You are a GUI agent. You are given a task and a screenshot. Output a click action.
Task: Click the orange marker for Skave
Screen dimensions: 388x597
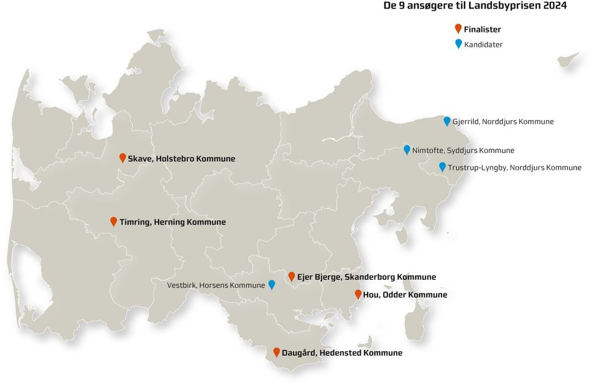(123, 157)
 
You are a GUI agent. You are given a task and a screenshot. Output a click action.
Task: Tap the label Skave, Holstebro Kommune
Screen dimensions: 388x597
(182, 159)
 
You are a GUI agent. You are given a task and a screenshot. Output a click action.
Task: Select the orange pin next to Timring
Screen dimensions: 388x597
(114, 221)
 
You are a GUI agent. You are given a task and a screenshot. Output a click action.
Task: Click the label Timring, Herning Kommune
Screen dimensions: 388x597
(173, 222)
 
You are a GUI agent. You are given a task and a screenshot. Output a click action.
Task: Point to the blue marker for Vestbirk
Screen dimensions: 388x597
(272, 284)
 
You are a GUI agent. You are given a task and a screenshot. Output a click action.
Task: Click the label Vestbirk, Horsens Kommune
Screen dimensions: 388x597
(216, 285)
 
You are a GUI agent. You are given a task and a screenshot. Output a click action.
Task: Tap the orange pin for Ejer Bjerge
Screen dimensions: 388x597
(292, 275)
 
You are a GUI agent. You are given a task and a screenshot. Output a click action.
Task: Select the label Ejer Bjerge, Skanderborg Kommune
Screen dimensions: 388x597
(367, 277)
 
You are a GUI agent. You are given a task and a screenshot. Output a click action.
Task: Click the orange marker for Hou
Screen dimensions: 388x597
(358, 293)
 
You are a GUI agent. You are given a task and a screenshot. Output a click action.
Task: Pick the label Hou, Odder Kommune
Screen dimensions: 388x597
(405, 295)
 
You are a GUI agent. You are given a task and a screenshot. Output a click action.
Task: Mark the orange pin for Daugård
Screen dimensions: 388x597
(277, 351)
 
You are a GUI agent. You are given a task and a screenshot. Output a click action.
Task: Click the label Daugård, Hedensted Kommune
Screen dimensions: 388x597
(342, 353)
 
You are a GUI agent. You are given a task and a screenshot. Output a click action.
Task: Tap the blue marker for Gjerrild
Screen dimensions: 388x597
(447, 121)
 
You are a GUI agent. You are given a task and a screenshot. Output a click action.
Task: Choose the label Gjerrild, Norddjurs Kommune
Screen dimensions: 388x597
(503, 122)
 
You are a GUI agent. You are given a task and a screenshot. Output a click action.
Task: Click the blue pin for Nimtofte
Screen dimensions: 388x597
(407, 149)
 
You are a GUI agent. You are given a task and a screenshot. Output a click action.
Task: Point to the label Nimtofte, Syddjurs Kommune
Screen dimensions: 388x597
(463, 150)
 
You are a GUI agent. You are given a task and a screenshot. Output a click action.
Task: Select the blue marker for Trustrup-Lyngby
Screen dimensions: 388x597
(442, 166)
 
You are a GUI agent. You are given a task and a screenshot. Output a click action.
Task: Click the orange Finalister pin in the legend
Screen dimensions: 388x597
(458, 28)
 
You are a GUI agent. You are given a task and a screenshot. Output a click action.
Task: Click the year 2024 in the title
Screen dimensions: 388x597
(553, 6)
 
